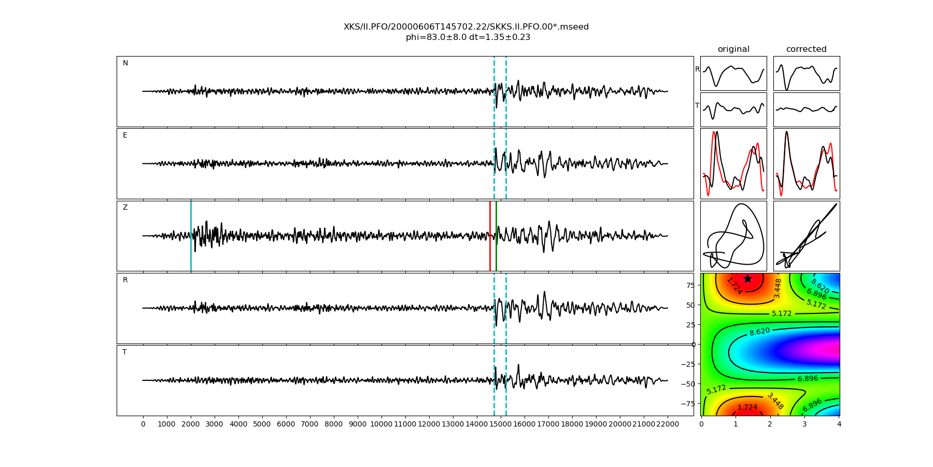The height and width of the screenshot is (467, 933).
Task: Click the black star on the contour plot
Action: coord(747,279)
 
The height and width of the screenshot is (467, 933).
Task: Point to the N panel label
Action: coord(125,63)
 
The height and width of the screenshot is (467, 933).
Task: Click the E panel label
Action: coord(125,135)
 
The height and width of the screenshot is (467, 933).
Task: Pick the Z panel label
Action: coord(125,208)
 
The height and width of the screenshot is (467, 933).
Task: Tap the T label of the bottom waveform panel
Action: coord(124,352)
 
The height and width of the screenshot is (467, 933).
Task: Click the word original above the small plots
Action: coord(733,49)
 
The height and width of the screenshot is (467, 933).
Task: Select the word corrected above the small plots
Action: coord(806,49)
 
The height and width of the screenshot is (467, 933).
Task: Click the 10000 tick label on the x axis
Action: coord(381,424)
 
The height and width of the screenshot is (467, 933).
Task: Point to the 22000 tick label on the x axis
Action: coord(667,424)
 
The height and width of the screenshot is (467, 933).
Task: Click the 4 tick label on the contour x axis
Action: coord(839,424)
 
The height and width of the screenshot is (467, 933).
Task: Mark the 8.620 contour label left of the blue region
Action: coord(759,331)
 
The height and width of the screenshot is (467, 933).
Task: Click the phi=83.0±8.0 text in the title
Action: coord(436,37)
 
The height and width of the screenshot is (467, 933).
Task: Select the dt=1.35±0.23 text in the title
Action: coord(500,37)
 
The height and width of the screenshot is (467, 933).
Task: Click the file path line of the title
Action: coord(466,27)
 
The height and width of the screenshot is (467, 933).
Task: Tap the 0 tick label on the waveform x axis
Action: coord(143,424)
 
